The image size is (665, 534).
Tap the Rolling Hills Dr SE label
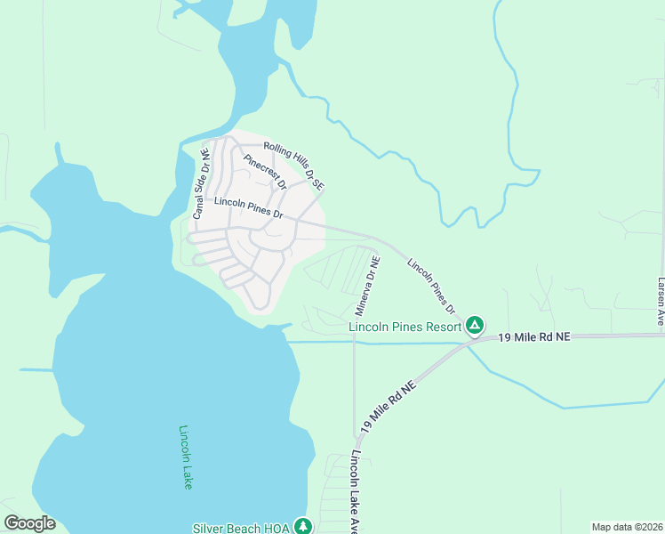point(294,166)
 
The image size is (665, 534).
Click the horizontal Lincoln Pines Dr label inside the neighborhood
point(249,209)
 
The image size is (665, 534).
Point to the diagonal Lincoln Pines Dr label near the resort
point(431,286)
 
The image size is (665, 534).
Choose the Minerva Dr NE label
point(368,287)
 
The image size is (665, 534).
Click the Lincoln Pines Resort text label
point(405,327)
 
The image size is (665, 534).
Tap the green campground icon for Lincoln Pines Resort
point(476,326)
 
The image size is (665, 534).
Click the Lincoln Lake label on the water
point(186,457)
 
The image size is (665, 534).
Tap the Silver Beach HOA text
point(242,528)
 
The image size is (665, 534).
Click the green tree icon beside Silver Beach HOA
point(303,526)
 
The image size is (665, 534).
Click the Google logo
point(29,523)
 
